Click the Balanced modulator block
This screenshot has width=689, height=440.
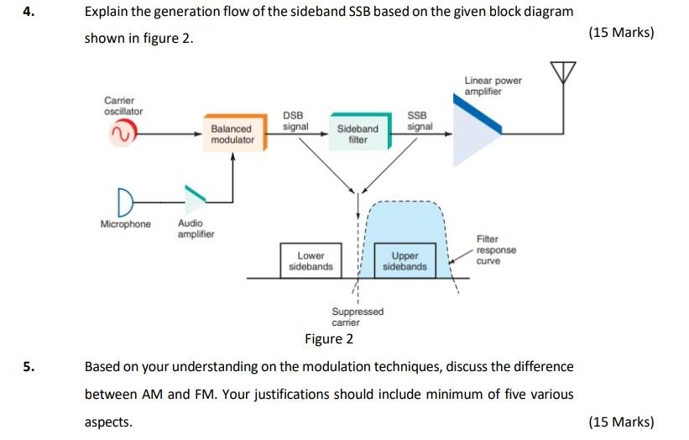tap(232, 134)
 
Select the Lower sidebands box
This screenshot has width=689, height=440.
tap(311, 260)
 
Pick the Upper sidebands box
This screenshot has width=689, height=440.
tap(405, 260)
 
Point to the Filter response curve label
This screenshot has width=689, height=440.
tap(496, 250)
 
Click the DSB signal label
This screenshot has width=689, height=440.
tap(295, 121)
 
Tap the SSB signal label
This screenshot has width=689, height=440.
tap(419, 121)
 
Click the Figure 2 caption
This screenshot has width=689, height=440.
tap(328, 339)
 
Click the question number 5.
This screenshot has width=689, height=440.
tap(28, 367)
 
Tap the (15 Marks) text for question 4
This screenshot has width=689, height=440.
tap(621, 33)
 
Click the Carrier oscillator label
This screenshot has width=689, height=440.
tap(123, 106)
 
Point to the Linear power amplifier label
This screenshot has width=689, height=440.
tap(493, 86)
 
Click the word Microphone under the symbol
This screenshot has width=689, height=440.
tap(126, 224)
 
